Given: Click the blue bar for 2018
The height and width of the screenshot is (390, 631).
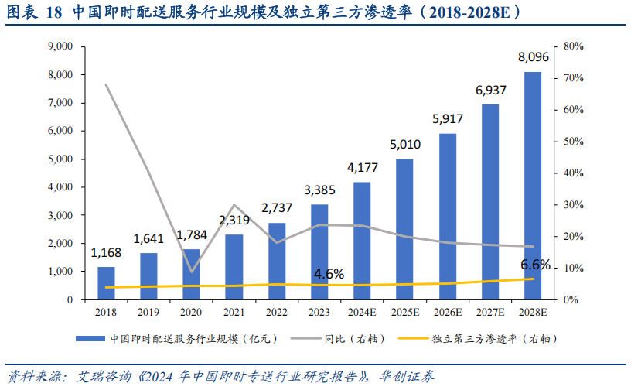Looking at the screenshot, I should [x=106, y=282].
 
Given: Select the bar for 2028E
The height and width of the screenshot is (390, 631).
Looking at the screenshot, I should [x=533, y=186].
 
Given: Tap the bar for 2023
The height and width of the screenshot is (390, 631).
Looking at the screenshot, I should [x=319, y=251].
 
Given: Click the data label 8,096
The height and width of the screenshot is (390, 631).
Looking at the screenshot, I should [x=533, y=56].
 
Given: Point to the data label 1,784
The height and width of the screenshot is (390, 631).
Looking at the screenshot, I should [x=192, y=234].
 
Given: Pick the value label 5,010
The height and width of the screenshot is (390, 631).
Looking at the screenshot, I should [x=404, y=144].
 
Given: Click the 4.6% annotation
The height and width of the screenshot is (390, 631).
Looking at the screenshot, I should [x=329, y=274].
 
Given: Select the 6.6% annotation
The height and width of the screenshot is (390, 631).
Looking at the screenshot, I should [x=535, y=265].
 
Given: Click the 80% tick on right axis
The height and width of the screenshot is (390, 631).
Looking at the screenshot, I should [x=574, y=46].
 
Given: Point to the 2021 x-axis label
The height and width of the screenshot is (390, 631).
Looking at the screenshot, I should [x=234, y=313].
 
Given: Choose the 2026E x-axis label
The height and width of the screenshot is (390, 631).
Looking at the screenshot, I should [x=447, y=313].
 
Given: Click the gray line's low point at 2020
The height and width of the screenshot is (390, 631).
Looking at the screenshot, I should [x=192, y=272].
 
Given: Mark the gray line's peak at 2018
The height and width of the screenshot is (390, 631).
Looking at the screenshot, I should [x=106, y=84].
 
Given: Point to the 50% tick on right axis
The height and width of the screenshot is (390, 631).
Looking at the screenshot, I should [x=574, y=142].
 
